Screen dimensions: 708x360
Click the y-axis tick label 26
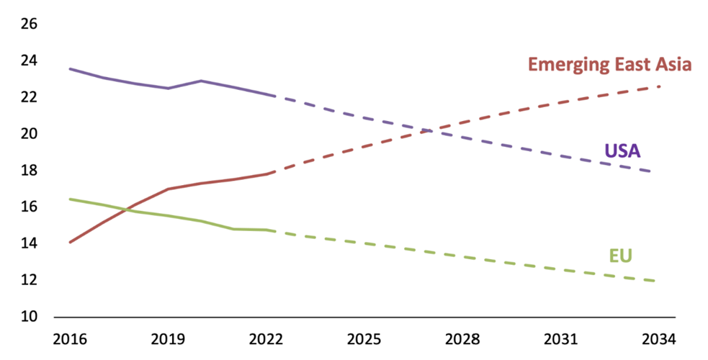29,24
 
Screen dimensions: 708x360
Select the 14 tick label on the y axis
29,243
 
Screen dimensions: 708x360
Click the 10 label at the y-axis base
29,317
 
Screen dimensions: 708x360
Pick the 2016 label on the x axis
70,339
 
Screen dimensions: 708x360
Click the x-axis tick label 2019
169,339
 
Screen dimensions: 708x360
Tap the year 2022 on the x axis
266,339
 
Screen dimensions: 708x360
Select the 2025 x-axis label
364,339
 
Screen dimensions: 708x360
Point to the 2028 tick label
462,339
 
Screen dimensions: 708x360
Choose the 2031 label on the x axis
560,339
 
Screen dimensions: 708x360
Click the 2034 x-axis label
658,339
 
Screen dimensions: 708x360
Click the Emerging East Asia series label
609,65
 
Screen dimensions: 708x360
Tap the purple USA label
623,151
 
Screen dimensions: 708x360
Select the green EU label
620,256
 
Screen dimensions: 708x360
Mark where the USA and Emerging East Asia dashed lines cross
427,131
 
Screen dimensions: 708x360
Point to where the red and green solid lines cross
128,209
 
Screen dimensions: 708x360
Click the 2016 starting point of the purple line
70,68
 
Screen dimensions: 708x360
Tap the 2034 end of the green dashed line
654,281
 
